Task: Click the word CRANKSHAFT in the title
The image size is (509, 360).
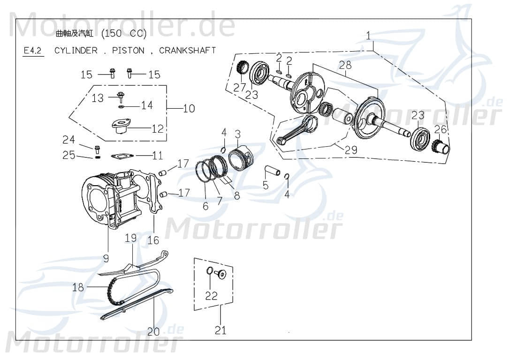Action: pos(187,50)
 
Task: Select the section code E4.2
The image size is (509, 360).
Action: pos(33,51)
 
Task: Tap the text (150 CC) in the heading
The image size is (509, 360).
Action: pos(124,33)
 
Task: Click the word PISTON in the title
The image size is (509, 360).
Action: pos(128,50)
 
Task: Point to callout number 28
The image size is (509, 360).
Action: pos(345,65)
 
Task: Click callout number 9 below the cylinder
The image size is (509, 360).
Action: pos(106,258)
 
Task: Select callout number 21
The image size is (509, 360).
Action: pos(220,330)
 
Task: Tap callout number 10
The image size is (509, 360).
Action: pos(189,109)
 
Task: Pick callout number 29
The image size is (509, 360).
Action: pos(351,150)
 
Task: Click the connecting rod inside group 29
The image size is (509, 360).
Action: pos(296,130)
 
